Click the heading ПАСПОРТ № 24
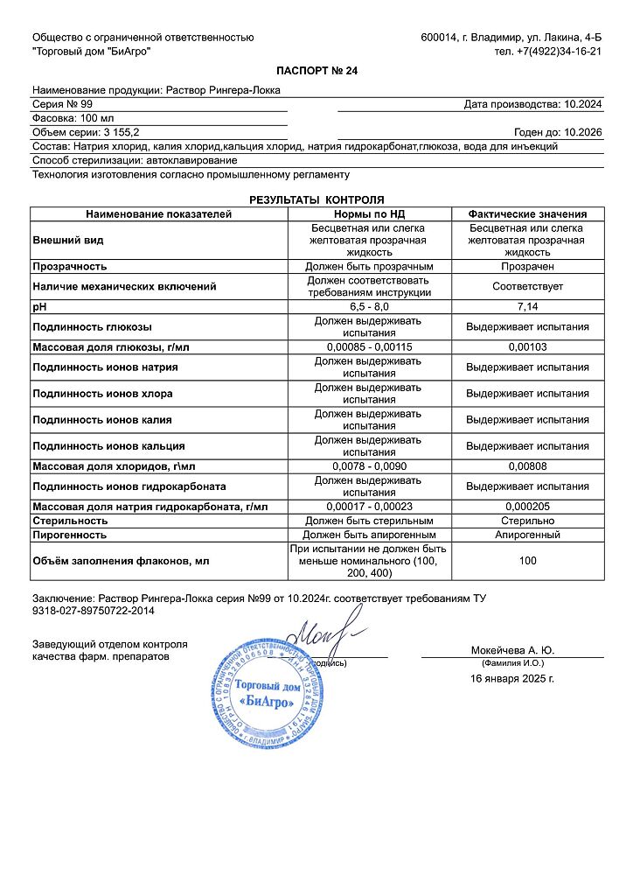(316, 71)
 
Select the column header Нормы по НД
(368, 213)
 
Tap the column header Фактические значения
(526, 213)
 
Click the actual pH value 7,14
(526, 307)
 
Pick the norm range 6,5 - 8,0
(368, 307)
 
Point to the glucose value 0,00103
(526, 347)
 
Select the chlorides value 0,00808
(526, 466)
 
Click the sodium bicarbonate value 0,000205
(526, 507)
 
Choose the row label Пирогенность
(70, 535)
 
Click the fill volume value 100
(526, 561)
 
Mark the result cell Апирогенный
(526, 535)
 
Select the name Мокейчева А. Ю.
(511, 650)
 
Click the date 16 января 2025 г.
(511, 678)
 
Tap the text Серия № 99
(64, 104)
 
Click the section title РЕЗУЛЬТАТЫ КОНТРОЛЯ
(316, 200)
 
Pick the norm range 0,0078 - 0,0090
(368, 466)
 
